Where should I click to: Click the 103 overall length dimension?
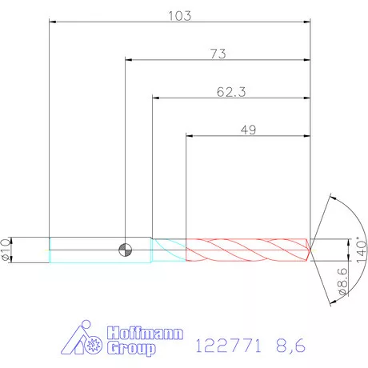pos(180,16)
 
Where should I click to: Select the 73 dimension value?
pos(218,54)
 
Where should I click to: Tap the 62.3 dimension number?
pos(231,92)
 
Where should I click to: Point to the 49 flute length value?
pos(248,130)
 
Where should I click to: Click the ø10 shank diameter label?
pos(6,250)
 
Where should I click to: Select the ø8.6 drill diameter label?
pos(342,282)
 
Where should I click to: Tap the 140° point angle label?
pos(362,250)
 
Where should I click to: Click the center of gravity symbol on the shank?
pos(125,250)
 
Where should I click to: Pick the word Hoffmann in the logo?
pos(146,333)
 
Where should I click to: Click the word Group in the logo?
pos(131,348)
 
